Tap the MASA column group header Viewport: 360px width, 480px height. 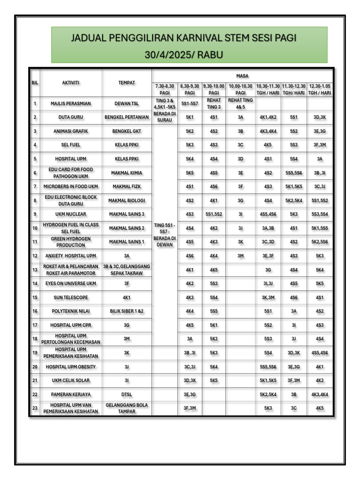(242, 75)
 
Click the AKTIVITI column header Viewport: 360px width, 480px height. (71, 82)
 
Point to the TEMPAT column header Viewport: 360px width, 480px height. (127, 82)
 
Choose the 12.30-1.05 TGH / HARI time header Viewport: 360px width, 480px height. (320, 90)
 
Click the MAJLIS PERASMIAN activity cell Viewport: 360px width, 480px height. (71, 104)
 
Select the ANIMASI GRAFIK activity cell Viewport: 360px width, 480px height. (71, 131)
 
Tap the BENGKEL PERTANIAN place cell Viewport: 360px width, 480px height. (127, 117)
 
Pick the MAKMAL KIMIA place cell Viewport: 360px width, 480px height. (127, 173)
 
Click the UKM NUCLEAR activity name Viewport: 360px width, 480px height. (71, 214)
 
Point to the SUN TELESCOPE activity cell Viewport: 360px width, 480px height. (71, 298)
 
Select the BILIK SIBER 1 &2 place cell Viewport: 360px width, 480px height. (127, 311)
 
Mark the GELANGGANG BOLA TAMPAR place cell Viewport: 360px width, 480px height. (127, 408)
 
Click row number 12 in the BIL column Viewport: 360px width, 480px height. (35, 256)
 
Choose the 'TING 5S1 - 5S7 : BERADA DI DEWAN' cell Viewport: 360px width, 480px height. (165, 235)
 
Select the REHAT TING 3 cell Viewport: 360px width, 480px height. (213, 104)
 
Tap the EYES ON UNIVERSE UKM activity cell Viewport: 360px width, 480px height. (71, 284)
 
